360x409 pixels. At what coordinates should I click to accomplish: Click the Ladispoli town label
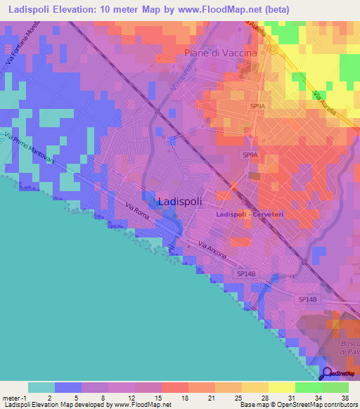(181, 201)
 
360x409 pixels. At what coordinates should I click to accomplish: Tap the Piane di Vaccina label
(220, 53)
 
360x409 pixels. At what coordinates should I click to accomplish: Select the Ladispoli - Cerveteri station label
(248, 214)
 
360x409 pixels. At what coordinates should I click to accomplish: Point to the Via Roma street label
(139, 209)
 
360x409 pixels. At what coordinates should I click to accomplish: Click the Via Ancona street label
(212, 250)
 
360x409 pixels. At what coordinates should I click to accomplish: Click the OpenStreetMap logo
(338, 373)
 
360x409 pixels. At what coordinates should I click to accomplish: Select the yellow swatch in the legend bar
(281, 387)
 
